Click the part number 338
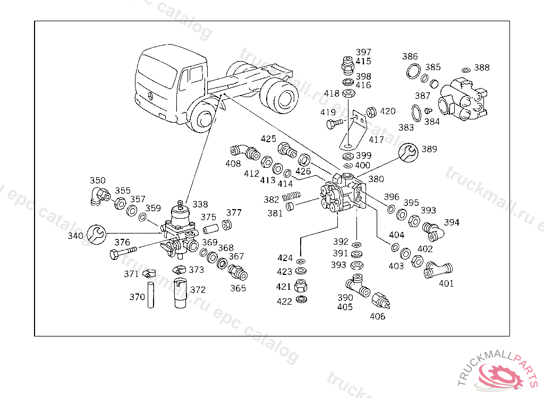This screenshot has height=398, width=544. pos(200,204)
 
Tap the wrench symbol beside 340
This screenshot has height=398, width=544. pos(96,235)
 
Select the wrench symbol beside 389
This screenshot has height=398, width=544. pos(409,152)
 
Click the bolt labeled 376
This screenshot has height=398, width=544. pos(123,252)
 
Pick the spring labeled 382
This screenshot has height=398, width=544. pos(292,196)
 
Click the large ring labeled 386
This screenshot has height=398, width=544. pos(413,71)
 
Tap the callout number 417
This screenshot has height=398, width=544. pos(377,140)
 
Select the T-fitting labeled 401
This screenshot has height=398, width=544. pos(438,270)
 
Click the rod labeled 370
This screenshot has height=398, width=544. pos(150,295)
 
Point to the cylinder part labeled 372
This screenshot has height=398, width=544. pos(180,292)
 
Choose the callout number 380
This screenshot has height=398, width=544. pos(376,179)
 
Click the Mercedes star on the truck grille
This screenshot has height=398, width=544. pos(150,96)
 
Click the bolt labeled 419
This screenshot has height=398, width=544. pos(335,123)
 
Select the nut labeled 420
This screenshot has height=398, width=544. pos(371,112)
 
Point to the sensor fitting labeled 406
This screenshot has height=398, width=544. pos(380,300)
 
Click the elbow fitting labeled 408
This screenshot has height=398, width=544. pos(245,152)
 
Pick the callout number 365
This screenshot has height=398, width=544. pos(238,288)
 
